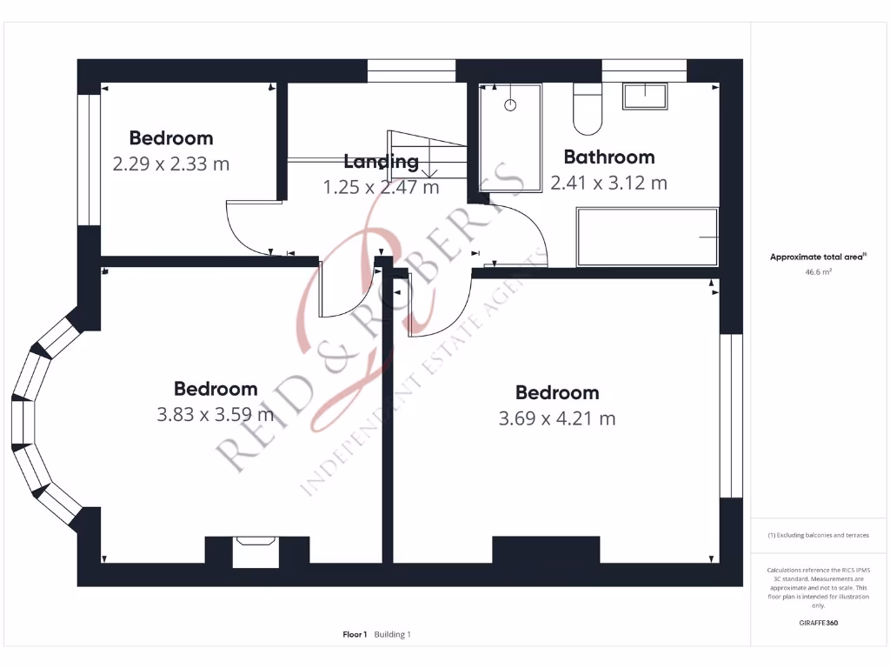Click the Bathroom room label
[608, 157]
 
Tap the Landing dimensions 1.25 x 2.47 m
[381, 187]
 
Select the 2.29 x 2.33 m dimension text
[171, 164]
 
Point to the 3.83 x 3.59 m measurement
[215, 415]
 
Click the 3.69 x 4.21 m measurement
[557, 418]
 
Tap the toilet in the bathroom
[588, 111]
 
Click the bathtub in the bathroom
[648, 237]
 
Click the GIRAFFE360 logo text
[818, 623]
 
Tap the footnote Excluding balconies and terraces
[818, 535]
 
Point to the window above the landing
[411, 70]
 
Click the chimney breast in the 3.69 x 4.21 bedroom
[546, 550]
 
